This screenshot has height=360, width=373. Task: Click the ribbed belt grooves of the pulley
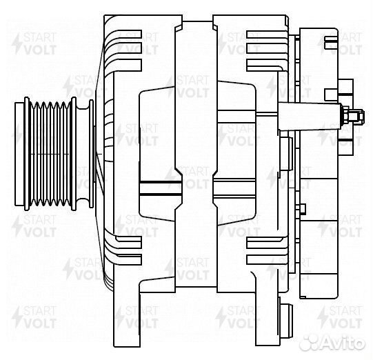(x=50, y=154)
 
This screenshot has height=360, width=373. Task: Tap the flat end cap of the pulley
(x=19, y=154)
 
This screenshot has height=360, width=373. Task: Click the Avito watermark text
(x=343, y=342)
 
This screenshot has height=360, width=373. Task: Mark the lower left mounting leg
(x=127, y=317)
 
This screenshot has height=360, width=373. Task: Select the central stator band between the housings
(x=196, y=154)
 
